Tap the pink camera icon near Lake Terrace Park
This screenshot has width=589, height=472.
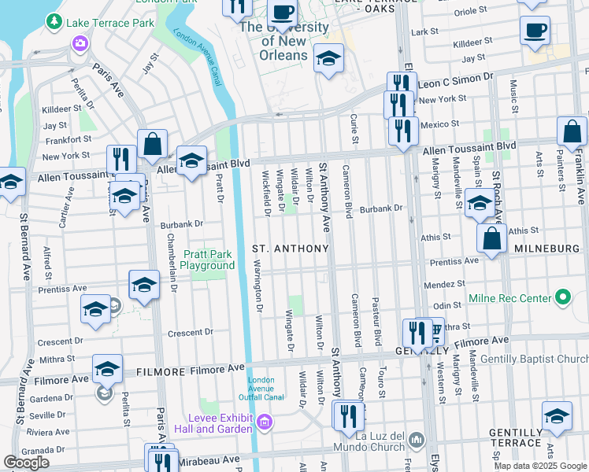79,43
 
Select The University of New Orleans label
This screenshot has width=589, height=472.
283,42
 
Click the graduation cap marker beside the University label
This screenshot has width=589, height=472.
328,57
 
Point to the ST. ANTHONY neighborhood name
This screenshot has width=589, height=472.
290,249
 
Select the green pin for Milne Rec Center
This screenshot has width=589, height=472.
562,298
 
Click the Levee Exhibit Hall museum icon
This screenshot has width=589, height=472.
265,423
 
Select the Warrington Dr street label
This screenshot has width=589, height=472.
257,283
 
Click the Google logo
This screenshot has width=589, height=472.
26,463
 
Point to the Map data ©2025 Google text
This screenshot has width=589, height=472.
540,466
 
